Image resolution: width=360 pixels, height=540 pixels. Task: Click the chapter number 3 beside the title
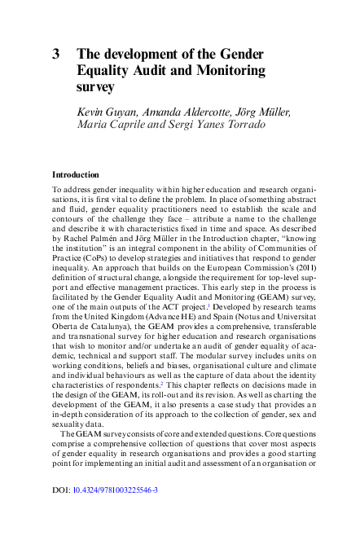(x=56, y=54)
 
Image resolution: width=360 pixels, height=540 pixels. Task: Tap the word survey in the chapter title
(x=95, y=86)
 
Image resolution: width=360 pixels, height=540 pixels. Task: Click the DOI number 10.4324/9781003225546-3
(x=116, y=513)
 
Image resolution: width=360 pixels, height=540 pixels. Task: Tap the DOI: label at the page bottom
(x=62, y=513)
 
